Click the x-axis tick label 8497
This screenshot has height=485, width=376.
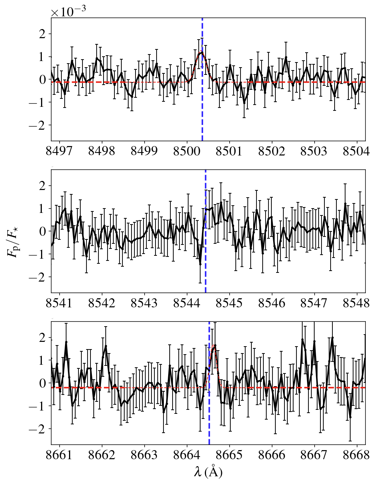(x=59, y=151)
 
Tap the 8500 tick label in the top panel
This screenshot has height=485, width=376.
(x=187, y=151)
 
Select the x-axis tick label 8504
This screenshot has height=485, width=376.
(x=356, y=151)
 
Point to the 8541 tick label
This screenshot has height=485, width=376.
(x=59, y=303)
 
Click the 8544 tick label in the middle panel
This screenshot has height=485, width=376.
(x=187, y=303)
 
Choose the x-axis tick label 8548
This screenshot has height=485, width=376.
(x=356, y=303)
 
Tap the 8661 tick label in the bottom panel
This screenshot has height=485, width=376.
(x=59, y=454)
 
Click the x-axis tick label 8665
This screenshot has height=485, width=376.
(x=229, y=454)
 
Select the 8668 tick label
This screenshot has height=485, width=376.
(x=356, y=454)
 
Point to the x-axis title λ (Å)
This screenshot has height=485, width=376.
(x=208, y=472)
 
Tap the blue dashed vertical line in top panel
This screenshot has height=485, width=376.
(x=202, y=109)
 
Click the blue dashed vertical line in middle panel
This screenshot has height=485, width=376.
(x=206, y=262)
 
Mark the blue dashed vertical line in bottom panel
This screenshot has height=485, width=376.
(x=209, y=418)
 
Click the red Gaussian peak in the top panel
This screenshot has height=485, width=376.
(x=201, y=53)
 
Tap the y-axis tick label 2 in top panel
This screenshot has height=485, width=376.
(x=43, y=34)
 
